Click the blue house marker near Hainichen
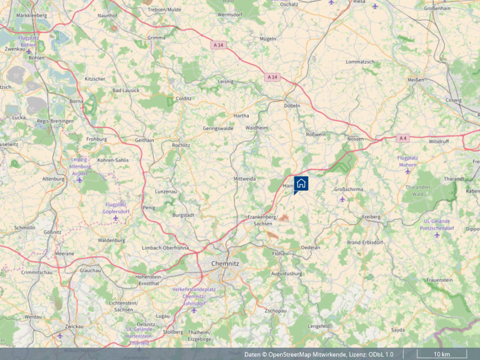click(301, 183)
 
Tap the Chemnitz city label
click(225, 264)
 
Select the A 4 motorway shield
click(402, 138)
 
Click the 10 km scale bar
click(442, 354)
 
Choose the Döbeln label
click(292, 106)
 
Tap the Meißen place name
click(415, 80)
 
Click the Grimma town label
click(156, 38)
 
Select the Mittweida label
click(244, 178)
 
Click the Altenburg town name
click(53, 179)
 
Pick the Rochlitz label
click(181, 145)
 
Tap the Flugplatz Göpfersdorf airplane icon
click(115, 218)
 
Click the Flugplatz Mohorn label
click(407, 161)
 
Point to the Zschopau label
click(275, 310)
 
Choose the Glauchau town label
click(90, 270)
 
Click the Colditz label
click(183, 99)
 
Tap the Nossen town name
click(355, 139)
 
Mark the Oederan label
click(310, 247)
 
